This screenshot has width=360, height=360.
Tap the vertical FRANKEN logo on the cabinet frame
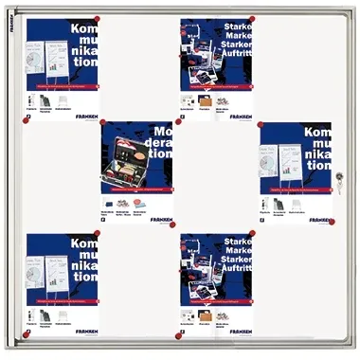[x=11, y=38]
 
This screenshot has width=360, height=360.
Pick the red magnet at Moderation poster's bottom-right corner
[x=172, y=225]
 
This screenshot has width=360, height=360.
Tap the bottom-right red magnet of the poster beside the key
[x=331, y=222]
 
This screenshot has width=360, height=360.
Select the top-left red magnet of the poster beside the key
[x=261, y=123]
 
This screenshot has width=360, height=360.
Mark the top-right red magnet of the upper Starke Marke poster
[x=252, y=19]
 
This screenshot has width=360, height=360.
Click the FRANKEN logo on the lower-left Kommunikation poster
[x=83, y=333]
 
